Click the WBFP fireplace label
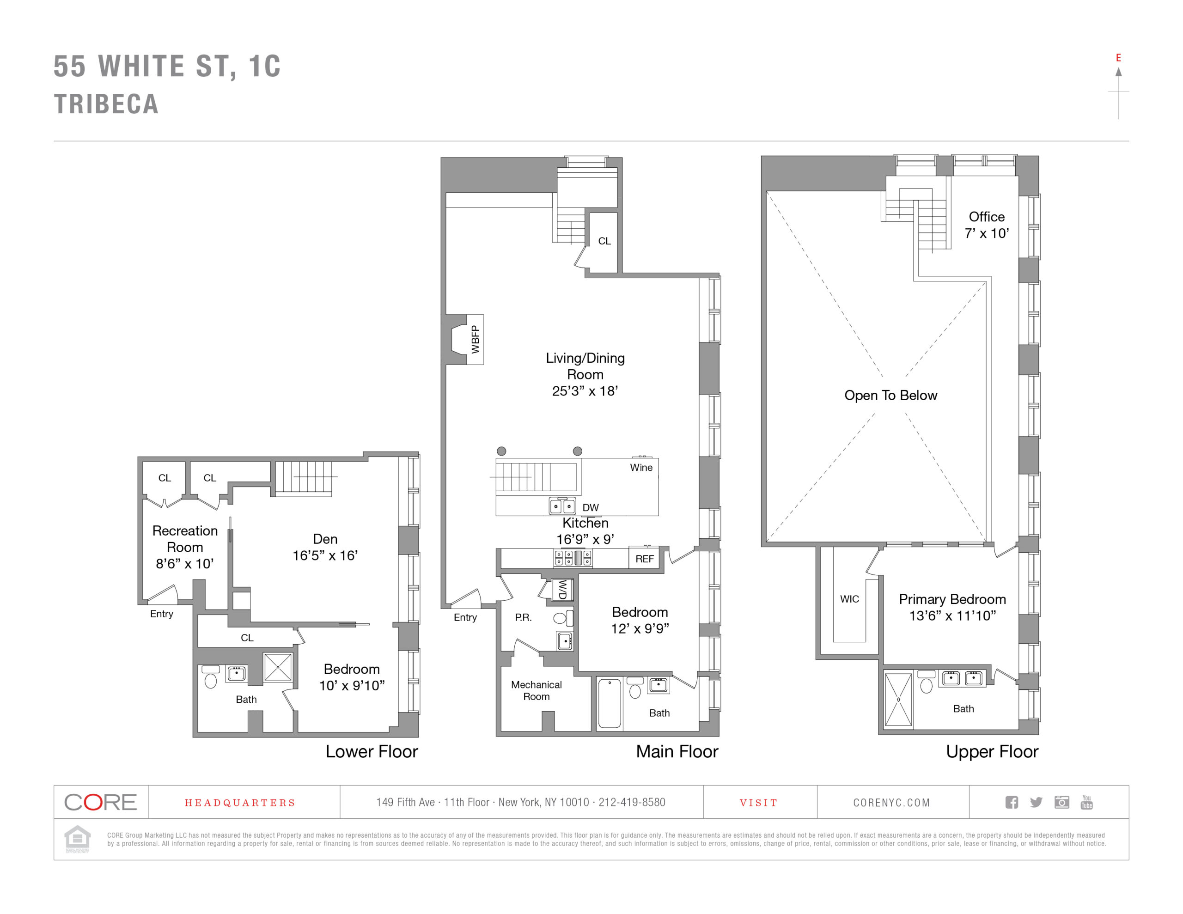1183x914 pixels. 475,339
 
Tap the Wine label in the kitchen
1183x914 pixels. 641,467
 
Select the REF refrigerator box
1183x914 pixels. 644,559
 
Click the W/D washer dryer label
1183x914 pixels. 562,590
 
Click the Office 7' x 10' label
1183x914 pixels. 987,225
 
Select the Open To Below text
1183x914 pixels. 890,396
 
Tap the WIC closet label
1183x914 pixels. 849,599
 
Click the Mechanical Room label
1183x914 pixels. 536,690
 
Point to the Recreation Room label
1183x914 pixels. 185,547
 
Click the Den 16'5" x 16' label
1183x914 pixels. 325,547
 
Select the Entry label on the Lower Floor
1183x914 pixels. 161,614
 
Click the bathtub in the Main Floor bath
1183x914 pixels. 609,703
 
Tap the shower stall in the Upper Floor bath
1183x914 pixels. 897,700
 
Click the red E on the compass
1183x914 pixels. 1118,58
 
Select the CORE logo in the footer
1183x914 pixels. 100,802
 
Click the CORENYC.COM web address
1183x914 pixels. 891,802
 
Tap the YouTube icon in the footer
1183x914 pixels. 1086,802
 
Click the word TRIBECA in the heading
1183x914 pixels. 106,104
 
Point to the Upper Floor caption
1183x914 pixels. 991,751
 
